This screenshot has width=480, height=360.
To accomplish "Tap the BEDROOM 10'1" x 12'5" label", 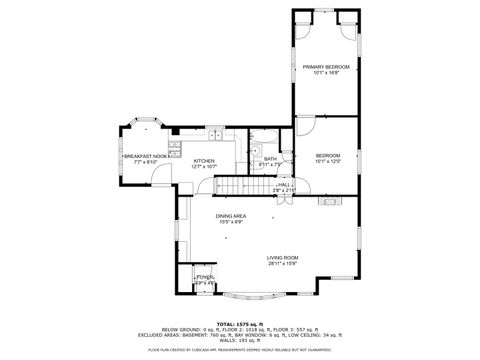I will (327, 155).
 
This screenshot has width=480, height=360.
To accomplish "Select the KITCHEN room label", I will (204, 160).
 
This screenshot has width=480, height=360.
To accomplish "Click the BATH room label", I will (270, 159).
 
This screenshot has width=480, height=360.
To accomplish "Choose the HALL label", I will (284, 184).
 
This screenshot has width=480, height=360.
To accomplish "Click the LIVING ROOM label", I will (282, 258).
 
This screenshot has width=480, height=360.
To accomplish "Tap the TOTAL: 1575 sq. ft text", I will (240, 324).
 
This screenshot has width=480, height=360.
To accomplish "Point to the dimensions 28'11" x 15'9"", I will (282, 265).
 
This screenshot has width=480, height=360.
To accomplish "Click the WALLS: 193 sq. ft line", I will (240, 343).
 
